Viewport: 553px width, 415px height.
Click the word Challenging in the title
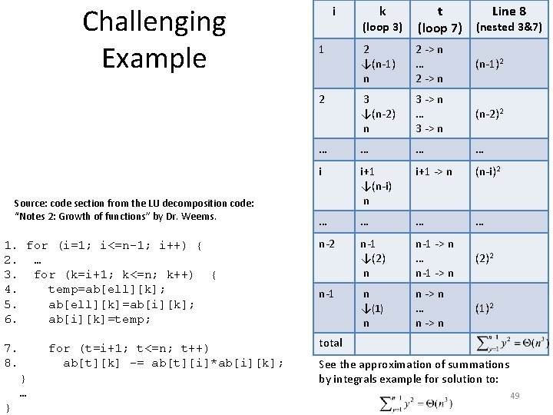coord(154,23)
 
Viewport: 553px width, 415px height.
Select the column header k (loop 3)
coord(382,20)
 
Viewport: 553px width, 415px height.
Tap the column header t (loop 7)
coord(439,20)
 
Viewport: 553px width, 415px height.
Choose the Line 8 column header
coord(509,18)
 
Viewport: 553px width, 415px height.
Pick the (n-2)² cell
coord(491,115)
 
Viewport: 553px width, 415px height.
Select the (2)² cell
coord(487,259)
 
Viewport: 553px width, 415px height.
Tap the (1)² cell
coord(487,309)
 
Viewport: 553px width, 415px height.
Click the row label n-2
coord(327,244)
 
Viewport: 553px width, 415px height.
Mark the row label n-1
coord(327,294)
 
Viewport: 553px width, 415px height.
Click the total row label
coord(330,342)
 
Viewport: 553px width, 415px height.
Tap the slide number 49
coord(515,395)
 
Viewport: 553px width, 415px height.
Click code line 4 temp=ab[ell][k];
coord(107,289)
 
